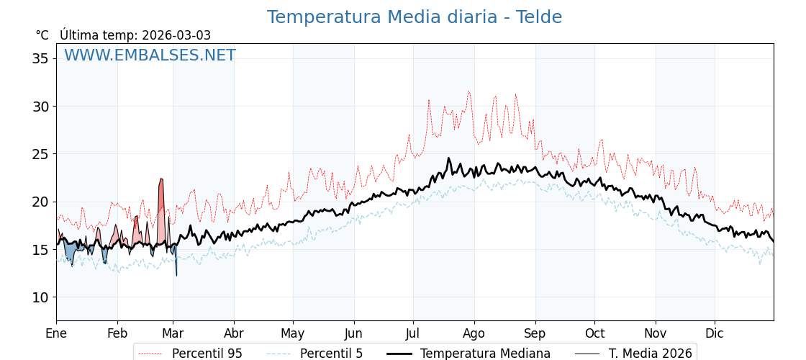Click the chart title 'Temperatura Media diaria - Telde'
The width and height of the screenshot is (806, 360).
pyautogui.click(x=414, y=17)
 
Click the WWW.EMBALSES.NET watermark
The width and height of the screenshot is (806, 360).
pyautogui.click(x=150, y=55)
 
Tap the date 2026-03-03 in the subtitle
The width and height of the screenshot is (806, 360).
pyautogui.click(x=176, y=35)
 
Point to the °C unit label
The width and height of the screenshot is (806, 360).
pyautogui.click(x=42, y=35)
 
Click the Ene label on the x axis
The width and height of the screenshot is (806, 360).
pyautogui.click(x=56, y=333)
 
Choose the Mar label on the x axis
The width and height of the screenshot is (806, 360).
pyautogui.click(x=173, y=333)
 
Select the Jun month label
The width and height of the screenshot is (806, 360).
pyautogui.click(x=353, y=333)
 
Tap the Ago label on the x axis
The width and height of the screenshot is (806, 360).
pyautogui.click(x=474, y=333)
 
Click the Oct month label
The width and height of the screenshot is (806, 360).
pyautogui.click(x=594, y=333)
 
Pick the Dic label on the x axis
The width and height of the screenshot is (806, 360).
pyautogui.click(x=715, y=333)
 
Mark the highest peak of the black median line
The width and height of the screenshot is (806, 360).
pyautogui.click(x=448, y=158)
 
